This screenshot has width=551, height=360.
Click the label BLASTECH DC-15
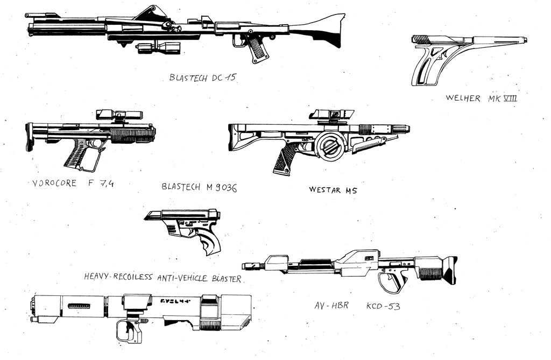pos(202,77)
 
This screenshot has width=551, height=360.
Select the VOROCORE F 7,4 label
pos(73,183)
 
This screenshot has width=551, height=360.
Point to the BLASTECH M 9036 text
pos(199,187)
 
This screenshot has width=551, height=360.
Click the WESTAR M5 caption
pos(333,190)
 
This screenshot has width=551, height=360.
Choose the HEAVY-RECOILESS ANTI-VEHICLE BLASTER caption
pos(163,278)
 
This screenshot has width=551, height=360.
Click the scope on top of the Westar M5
pos(331,114)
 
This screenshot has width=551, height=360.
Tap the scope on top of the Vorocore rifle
pos(119,115)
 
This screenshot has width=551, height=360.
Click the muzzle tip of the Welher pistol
pos(524,40)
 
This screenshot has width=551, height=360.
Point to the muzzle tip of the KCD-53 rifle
pos(247,266)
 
